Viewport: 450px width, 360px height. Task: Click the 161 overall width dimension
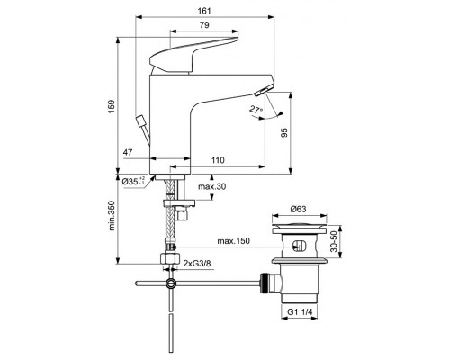coord(204,11)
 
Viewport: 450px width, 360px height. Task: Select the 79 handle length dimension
coord(204,25)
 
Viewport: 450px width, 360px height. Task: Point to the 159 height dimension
coord(111,106)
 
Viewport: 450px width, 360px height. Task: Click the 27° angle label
coord(256,110)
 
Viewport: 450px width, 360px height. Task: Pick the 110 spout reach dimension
coord(218,160)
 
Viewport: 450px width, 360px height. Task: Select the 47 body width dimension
coord(128,152)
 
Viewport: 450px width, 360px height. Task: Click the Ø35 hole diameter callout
coord(134,181)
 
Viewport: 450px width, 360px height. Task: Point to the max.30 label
coord(212,186)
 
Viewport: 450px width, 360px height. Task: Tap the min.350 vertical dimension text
coord(112,216)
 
